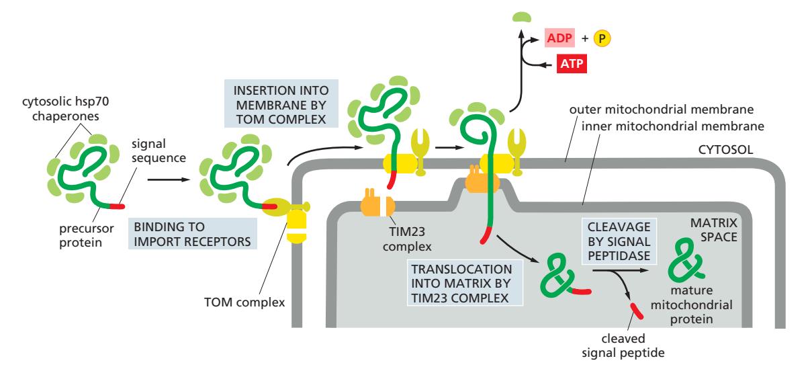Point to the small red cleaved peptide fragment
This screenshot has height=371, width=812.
coord(636,311)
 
